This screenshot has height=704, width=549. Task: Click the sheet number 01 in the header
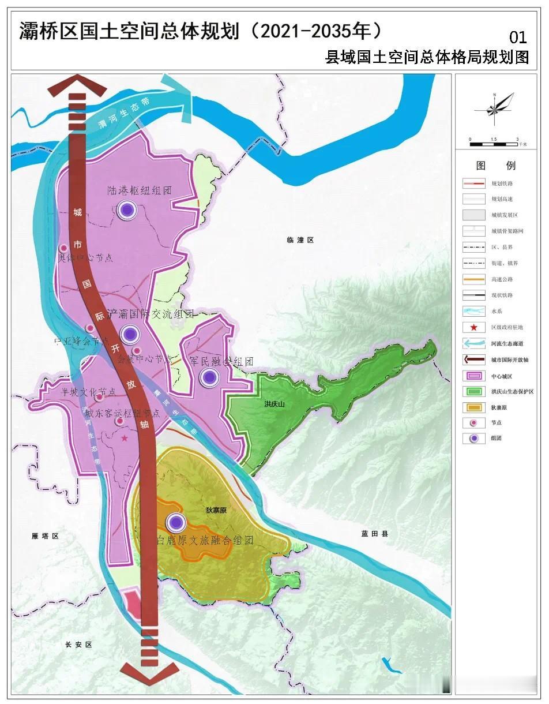pyautogui.click(x=518, y=38)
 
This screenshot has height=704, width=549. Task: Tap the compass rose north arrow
pyautogui.click(x=495, y=108)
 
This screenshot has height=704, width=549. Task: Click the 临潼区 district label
pyautogui.click(x=300, y=239)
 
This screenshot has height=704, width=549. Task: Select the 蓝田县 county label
pyautogui.click(x=374, y=534)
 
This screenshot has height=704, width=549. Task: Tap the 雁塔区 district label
pyautogui.click(x=46, y=536)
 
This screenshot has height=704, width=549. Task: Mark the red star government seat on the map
pyautogui.click(x=125, y=439)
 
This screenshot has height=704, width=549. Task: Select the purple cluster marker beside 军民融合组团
pyautogui.click(x=209, y=378)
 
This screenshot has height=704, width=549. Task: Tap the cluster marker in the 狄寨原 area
pyautogui.click(x=176, y=523)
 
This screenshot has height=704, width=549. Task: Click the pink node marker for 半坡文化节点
pyautogui.click(x=99, y=397)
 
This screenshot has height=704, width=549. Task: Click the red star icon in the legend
pyautogui.click(x=473, y=327)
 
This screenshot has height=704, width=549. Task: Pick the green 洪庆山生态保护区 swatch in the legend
pyautogui.click(x=473, y=391)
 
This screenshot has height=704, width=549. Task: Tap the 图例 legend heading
pyautogui.click(x=495, y=166)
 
